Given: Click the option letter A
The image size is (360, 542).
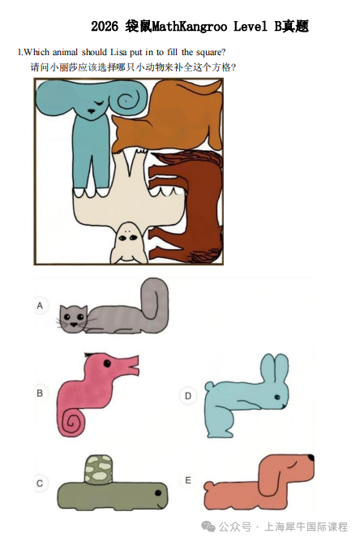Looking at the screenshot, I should [x=40, y=306].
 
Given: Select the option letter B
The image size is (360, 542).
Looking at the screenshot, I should [x=40, y=393].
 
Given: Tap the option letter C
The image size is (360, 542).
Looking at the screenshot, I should [x=40, y=483].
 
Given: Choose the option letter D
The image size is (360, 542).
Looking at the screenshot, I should [x=188, y=396].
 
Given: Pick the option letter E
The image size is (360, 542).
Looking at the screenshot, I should [x=188, y=480].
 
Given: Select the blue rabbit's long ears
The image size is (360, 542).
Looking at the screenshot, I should [x=272, y=367].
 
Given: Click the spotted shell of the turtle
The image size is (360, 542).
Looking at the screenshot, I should [x=98, y=468].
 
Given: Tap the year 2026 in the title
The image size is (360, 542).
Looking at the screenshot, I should [x=105, y=27].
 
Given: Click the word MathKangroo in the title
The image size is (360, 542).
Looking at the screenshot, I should [x=187, y=27].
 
